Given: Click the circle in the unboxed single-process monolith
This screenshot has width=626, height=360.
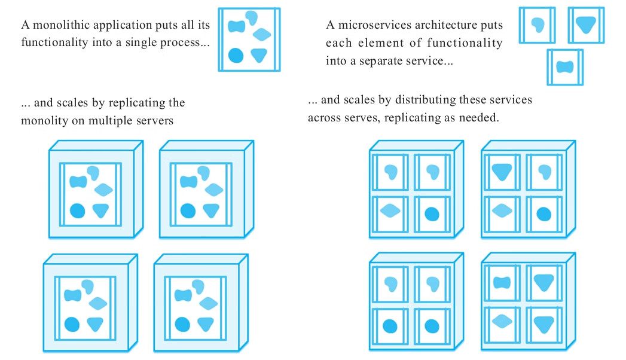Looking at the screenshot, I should [236, 56].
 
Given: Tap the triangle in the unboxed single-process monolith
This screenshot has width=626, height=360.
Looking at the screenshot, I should [259, 55].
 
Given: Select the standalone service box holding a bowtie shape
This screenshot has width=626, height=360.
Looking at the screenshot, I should [564, 67].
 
